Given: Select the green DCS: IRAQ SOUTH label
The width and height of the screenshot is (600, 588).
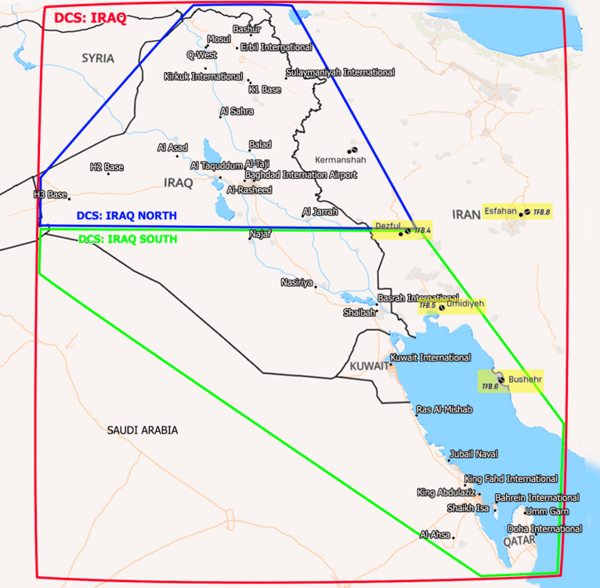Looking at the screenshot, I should pos(127,238).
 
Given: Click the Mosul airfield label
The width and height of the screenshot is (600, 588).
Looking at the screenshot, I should pos(219,39).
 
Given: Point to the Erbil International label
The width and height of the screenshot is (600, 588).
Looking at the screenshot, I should pos(276,47).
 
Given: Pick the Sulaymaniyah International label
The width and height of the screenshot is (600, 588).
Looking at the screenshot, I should pos(340,72).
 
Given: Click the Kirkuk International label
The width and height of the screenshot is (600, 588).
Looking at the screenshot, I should pos(203,77).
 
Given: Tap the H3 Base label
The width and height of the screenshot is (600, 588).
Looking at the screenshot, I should pos(50,194).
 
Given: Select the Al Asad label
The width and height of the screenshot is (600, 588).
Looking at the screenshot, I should pos(172,147).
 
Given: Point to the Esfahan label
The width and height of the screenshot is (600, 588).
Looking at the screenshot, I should pos(501,211).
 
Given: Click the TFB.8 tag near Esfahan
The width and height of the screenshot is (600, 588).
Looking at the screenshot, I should pos(542,212).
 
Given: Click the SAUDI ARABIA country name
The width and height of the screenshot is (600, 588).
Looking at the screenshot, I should pos(143,430).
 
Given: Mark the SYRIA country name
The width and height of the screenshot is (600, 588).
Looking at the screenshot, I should pos(98,58).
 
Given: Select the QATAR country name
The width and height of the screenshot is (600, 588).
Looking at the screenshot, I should pos(519,541).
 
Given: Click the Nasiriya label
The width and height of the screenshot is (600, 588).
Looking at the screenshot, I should pos(297,281).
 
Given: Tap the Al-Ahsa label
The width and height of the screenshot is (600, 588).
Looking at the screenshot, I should pos(436,535).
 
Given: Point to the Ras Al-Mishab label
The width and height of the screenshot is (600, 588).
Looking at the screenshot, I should pos(444,409).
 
